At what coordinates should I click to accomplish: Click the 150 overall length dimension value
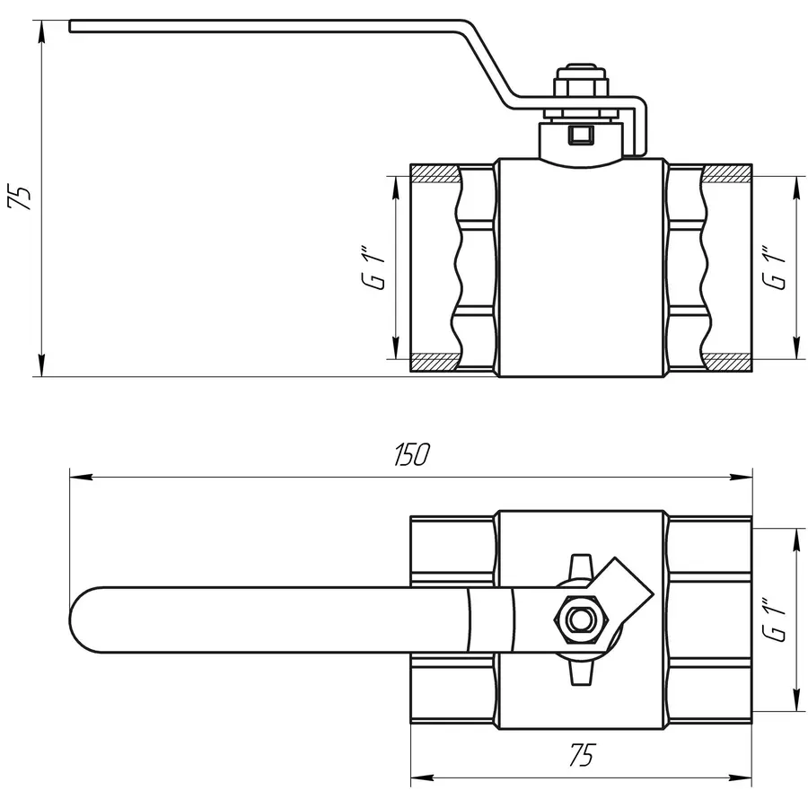[412, 455]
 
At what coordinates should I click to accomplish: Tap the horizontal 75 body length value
[582, 756]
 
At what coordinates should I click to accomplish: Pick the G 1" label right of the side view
[777, 267]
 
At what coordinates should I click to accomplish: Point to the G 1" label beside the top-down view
[777, 619]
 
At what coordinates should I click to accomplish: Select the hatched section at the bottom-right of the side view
[727, 363]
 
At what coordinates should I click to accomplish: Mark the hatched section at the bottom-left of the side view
[435, 363]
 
